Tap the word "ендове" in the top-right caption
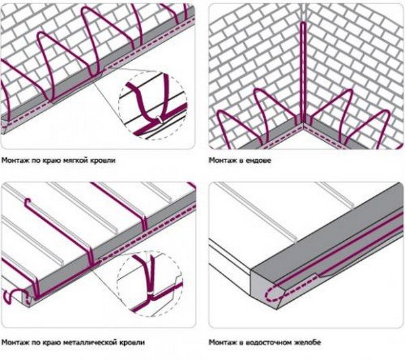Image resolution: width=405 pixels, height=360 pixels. click(x=255, y=161)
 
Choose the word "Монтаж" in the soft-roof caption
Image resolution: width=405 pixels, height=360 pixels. click(x=16, y=161)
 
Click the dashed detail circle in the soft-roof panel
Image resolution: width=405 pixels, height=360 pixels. click(x=153, y=105)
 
